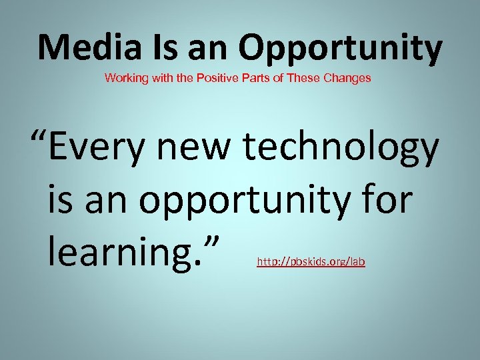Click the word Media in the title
click(80, 47)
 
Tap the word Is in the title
click(145, 47)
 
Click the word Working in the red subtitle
click(123, 78)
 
